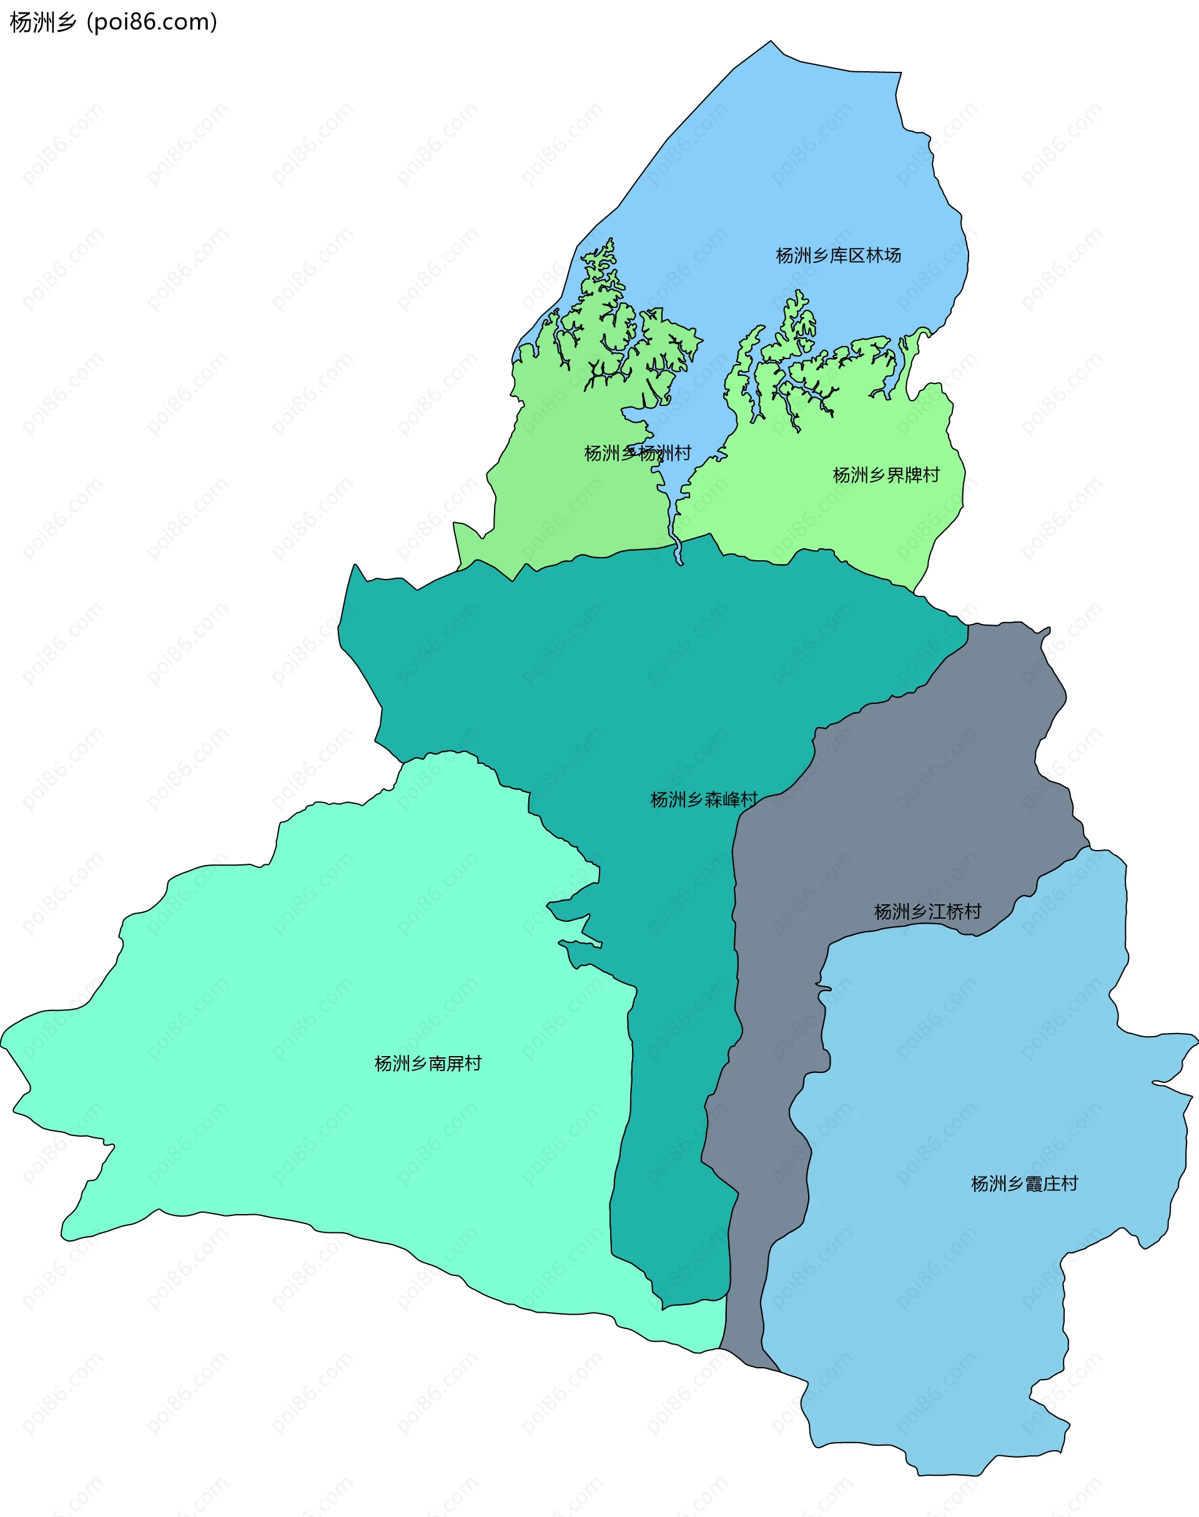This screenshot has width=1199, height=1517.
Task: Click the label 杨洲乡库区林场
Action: coord(838,255)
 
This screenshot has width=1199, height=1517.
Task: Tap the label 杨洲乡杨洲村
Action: coord(638,453)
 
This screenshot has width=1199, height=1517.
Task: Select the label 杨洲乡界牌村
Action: coord(886,475)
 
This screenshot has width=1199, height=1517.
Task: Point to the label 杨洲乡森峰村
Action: coord(704,799)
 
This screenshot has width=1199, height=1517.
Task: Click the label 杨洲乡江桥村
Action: coord(927,912)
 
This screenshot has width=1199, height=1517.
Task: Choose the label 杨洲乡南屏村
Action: coord(428,1064)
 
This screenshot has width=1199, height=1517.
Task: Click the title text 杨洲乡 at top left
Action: coord(42,22)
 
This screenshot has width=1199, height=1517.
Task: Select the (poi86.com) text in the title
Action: coord(152,22)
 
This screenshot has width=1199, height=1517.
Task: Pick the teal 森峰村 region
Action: coord(632,667)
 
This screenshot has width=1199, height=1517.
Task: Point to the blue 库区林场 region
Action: coord(772,175)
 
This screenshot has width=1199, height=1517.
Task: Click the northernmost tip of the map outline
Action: coord(771,41)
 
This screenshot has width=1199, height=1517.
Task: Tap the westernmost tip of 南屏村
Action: coord(1,1045)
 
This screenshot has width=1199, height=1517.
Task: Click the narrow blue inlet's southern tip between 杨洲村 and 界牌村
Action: coord(679,564)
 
